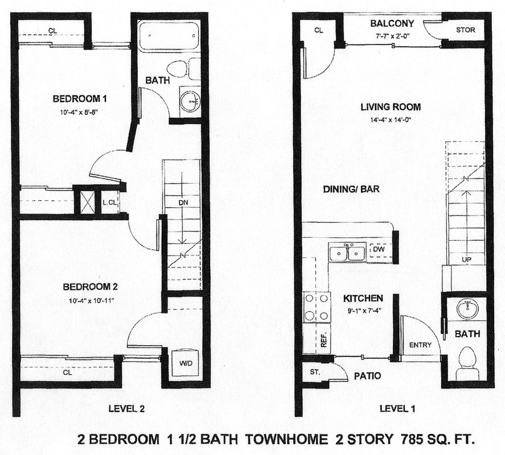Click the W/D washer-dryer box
[186, 363]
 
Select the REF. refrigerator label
[324, 339]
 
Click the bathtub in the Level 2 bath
[170, 35]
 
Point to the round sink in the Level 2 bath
[190, 101]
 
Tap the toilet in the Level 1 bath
[467, 363]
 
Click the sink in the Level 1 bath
[467, 308]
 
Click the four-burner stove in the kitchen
[317, 307]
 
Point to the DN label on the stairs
[183, 202]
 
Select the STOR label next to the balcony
[465, 30]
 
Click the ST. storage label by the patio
[315, 373]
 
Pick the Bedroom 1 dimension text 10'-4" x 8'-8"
[79, 113]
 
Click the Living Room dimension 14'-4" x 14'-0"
[391, 120]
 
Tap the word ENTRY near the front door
[420, 345]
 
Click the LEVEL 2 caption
[126, 409]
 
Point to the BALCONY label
[392, 23]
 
